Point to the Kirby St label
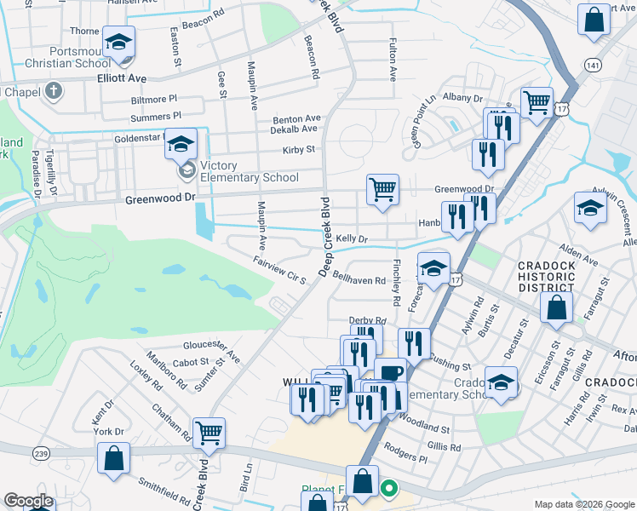(x=299, y=150)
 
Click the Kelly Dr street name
(x=350, y=239)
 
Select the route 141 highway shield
(x=594, y=66)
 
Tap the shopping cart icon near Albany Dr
(x=536, y=103)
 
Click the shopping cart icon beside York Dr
(x=209, y=433)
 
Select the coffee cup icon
(x=390, y=372)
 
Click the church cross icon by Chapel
(x=53, y=89)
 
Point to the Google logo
(x=28, y=501)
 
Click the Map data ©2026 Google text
(x=583, y=504)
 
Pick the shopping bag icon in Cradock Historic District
(x=556, y=309)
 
